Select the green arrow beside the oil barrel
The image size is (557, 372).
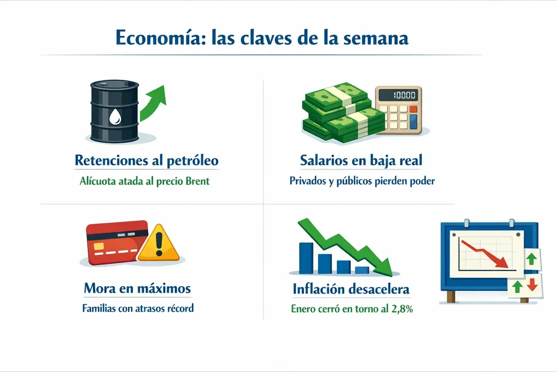(x=153, y=103)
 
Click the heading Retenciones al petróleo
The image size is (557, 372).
(x=146, y=161)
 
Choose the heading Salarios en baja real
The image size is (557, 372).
(x=361, y=161)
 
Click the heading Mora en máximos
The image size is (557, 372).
(x=137, y=288)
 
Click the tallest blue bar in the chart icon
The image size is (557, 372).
(x=306, y=258)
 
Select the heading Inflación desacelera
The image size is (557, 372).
(x=351, y=289)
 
